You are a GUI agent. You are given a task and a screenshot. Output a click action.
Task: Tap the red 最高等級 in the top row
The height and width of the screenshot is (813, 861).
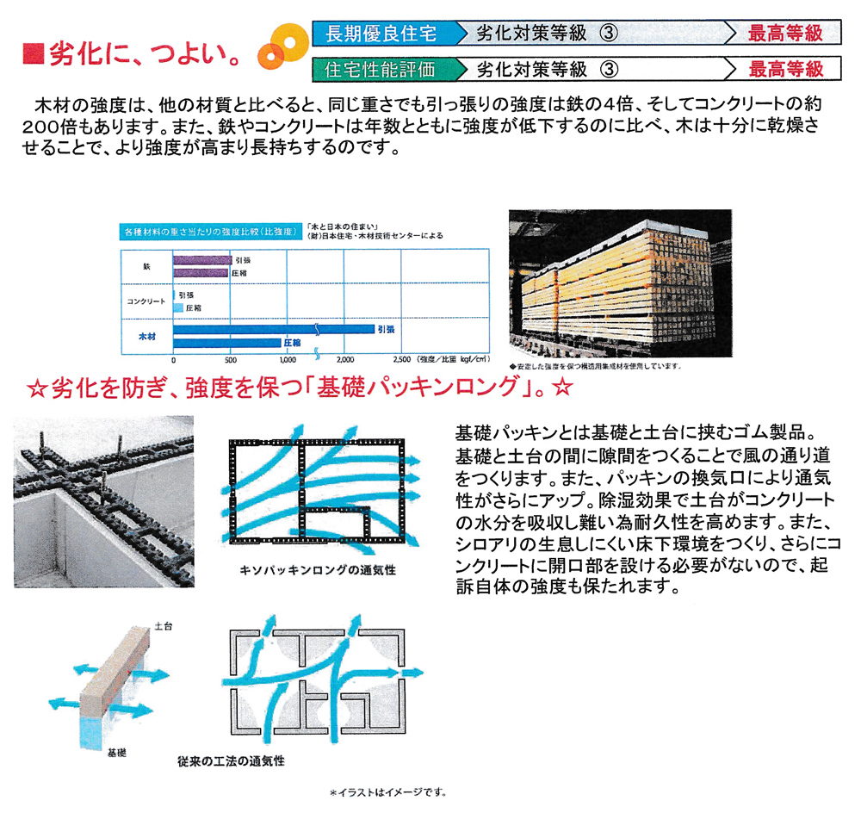785,34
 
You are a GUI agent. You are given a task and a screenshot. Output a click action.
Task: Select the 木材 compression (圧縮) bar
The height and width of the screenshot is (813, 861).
227,343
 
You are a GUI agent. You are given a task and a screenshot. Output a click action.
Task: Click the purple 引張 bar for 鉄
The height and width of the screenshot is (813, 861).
202,259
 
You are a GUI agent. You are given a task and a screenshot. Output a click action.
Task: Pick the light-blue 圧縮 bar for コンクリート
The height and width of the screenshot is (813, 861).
178,307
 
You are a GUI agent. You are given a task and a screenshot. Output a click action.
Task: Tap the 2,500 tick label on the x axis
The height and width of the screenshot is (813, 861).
400,359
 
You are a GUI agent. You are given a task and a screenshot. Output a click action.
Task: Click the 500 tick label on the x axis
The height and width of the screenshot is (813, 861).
230,359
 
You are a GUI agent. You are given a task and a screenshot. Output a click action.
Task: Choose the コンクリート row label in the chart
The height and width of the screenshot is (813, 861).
146,301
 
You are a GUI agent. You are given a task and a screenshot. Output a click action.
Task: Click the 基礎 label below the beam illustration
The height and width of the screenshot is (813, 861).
117,752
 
